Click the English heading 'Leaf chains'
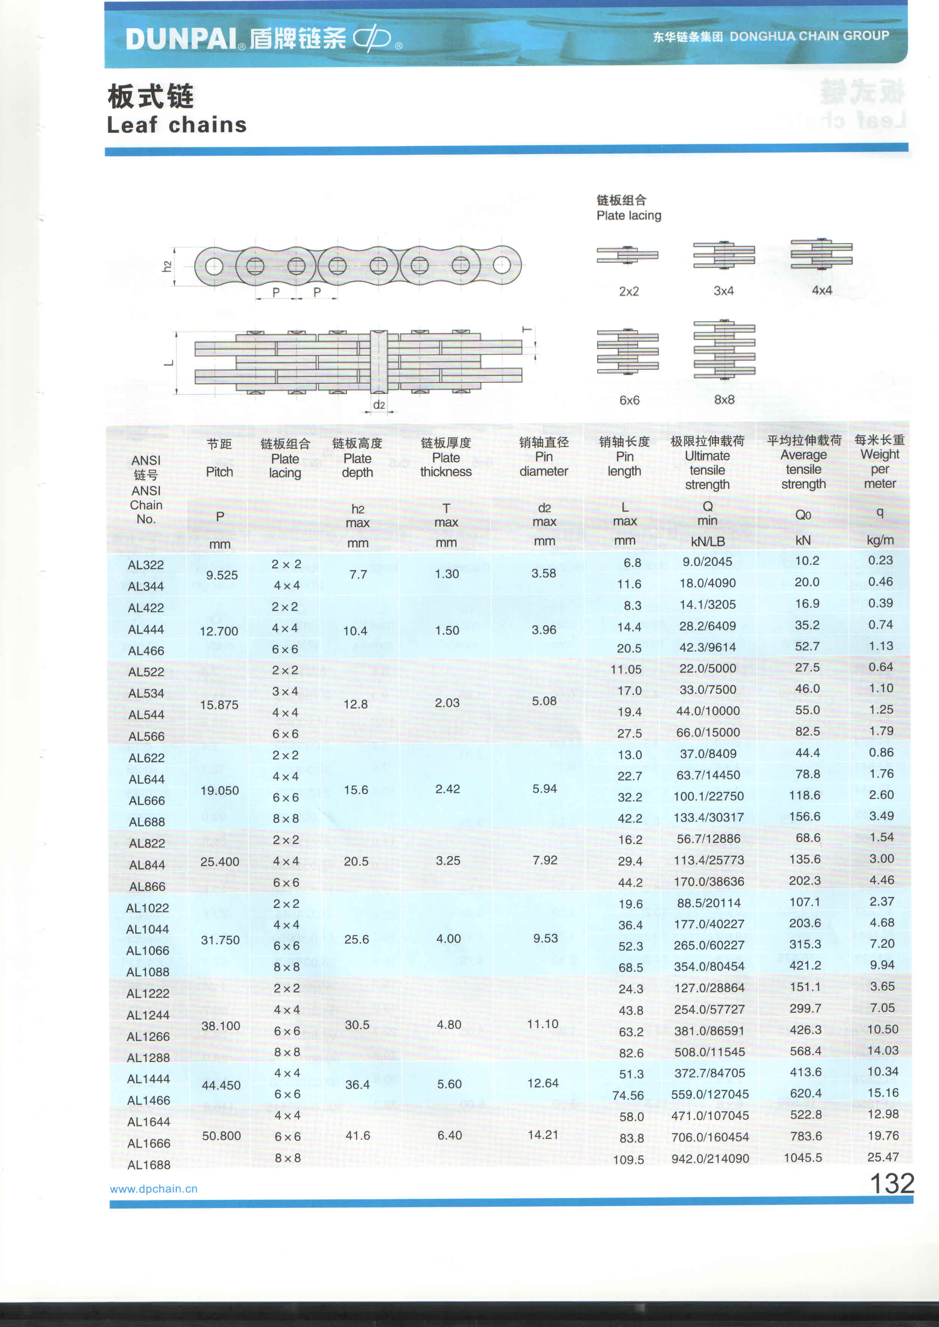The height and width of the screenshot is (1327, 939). [x=177, y=125]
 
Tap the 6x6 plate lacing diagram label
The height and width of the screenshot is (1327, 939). [x=629, y=400]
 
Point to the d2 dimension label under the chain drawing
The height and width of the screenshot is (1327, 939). [x=379, y=405]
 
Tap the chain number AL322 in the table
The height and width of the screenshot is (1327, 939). [x=146, y=565]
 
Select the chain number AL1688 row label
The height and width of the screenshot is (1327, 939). [x=148, y=1165]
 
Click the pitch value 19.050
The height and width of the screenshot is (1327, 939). [x=220, y=790]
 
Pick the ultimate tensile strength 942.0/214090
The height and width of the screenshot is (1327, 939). [x=710, y=1158]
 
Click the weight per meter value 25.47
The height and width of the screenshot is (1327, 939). [x=883, y=1157]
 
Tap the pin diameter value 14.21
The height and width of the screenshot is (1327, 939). [x=543, y=1135]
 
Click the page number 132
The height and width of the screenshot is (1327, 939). [x=892, y=1183]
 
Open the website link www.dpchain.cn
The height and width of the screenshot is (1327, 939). [x=154, y=1189]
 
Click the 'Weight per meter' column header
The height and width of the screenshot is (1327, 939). [x=880, y=461]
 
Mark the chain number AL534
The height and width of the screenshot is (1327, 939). [x=146, y=693]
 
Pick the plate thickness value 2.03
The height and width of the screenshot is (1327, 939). [x=448, y=703]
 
